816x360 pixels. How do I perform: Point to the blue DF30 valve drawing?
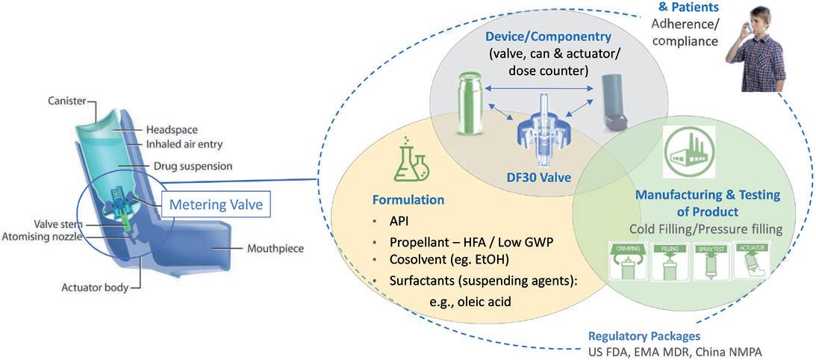coord(543,129)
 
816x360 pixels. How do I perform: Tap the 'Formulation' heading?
coord(409,200)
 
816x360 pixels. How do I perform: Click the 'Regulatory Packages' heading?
coord(644,336)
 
